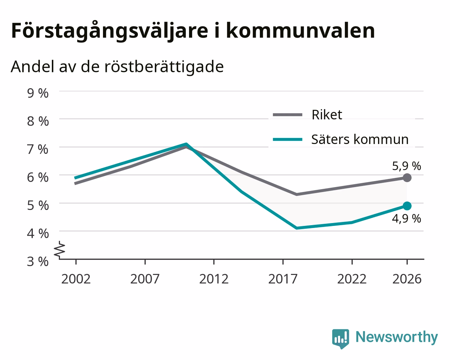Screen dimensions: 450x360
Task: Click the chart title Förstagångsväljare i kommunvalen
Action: [193, 31]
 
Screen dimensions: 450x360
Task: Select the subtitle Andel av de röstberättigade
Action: [117, 67]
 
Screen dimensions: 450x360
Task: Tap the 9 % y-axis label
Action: [38, 93]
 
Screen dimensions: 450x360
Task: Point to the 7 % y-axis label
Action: [38, 149]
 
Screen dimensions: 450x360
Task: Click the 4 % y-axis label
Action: [38, 234]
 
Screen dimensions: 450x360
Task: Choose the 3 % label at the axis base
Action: [38, 262]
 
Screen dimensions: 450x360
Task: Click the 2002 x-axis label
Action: [76, 279]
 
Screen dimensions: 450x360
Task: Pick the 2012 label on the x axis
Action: [214, 279]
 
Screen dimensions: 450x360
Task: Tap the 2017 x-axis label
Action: [283, 279]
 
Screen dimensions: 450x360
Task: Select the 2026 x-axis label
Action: [407, 279]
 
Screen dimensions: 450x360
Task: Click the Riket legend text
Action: [327, 115]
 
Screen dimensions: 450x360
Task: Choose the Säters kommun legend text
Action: [360, 139]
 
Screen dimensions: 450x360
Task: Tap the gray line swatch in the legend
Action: [288, 115]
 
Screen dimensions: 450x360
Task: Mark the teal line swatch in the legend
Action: [288, 139]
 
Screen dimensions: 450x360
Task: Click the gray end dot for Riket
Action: [407, 178]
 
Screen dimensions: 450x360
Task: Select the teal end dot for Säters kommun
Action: [407, 206]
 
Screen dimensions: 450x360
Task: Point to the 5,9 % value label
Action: [407, 166]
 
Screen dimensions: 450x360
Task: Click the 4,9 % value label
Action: [407, 219]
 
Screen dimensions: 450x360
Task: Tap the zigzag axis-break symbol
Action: [60, 249]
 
